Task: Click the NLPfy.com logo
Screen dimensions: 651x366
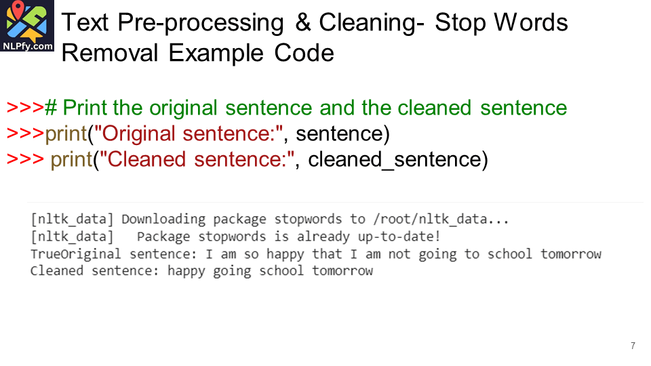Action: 27,26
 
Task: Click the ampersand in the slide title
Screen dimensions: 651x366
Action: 303,22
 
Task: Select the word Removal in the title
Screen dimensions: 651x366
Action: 110,53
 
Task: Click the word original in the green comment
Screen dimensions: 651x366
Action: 183,108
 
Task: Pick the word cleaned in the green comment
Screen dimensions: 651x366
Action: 434,108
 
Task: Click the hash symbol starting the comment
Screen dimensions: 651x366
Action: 51,108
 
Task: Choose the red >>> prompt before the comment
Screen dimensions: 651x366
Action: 25,108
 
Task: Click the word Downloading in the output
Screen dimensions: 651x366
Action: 163,219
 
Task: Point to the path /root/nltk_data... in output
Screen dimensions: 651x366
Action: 441,219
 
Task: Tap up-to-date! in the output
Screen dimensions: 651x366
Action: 399,237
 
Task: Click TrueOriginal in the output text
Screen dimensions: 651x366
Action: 75,253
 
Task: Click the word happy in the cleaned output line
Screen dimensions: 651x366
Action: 186,271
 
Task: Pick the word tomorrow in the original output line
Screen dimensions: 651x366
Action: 571,253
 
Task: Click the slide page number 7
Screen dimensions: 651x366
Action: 633,346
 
